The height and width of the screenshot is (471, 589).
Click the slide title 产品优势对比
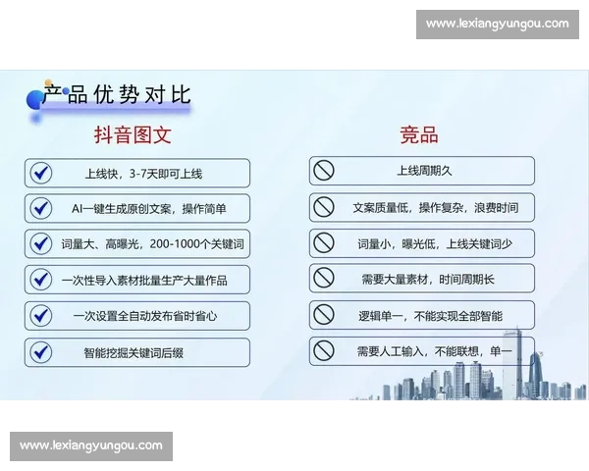[x=117, y=94]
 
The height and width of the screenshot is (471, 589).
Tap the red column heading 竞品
[x=418, y=135]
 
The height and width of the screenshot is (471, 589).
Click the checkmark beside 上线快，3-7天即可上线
[x=40, y=173]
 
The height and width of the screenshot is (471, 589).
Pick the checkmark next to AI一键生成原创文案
[x=40, y=208]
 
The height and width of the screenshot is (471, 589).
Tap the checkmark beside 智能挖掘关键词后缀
[x=40, y=351]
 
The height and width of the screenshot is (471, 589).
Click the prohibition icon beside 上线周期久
[x=323, y=171]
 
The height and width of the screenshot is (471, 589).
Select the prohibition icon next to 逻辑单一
[x=323, y=315]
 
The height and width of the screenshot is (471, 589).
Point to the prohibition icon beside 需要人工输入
[x=323, y=350]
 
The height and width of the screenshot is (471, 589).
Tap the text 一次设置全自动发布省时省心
[x=143, y=316]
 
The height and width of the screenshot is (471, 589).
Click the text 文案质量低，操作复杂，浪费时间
[x=435, y=208]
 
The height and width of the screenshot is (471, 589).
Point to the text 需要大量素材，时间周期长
[x=428, y=280]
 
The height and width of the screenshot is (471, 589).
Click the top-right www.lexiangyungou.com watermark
[x=498, y=24]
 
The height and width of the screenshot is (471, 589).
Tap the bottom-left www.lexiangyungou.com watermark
[x=90, y=445]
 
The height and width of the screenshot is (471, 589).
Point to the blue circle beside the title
[x=34, y=97]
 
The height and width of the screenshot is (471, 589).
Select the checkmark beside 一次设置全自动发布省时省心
[x=40, y=316]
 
